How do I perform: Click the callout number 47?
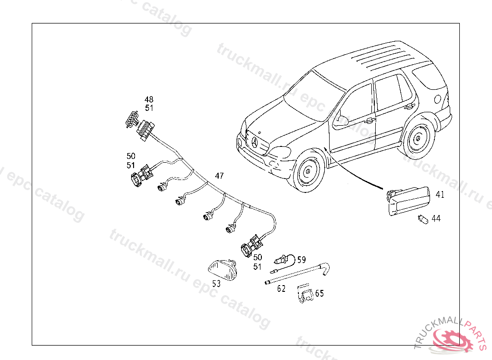pyautogui.click(x=219, y=176)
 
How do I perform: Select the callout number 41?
pyautogui.click(x=440, y=195)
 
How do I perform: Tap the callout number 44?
pyautogui.click(x=436, y=218)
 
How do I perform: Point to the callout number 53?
pyautogui.click(x=216, y=284)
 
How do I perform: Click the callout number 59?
pyautogui.click(x=301, y=260)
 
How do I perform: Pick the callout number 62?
pyautogui.click(x=281, y=289)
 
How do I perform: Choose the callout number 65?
pyautogui.click(x=320, y=293)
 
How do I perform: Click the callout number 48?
pyautogui.click(x=149, y=100)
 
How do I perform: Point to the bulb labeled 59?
pyautogui.click(x=280, y=261)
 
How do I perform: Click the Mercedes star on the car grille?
pyautogui.click(x=255, y=143)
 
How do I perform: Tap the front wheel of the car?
pyautogui.click(x=307, y=172)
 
